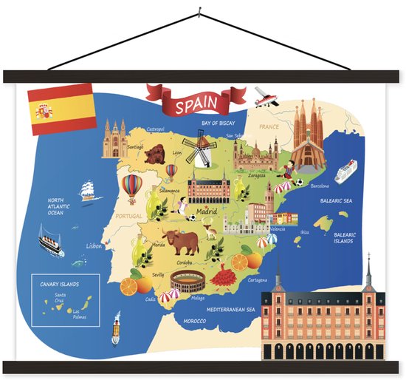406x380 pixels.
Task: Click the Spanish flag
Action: tap(60, 110)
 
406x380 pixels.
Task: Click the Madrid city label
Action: tap(207, 211)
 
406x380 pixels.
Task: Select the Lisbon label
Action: tap(94, 245)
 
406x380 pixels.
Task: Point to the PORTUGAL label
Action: tap(128, 216)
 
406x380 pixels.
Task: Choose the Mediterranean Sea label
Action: tap(230, 309)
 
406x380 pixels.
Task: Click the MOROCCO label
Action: tap(194, 321)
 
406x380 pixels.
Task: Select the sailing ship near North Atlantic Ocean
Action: tap(90, 189)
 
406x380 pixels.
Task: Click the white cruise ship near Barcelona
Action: tap(345, 173)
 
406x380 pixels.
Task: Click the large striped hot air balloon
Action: tap(131, 187)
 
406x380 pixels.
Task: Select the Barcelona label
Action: tap(319, 186)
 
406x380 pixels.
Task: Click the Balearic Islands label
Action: tap(344, 238)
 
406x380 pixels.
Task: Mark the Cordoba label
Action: tap(185, 262)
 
